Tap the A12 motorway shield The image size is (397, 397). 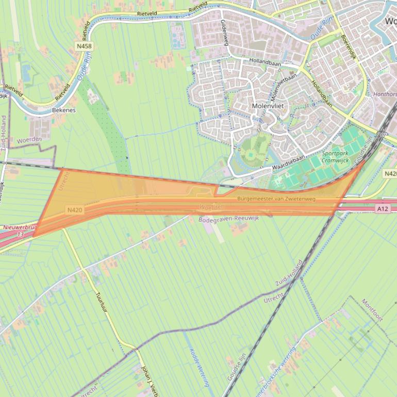382,209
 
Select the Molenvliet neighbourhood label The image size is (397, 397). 268,106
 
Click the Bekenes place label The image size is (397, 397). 64,110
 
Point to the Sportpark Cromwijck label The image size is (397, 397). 335,157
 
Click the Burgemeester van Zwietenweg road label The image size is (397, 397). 276,198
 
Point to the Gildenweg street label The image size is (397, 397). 224,32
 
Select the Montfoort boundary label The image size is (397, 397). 372,309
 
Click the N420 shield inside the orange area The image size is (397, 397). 74,210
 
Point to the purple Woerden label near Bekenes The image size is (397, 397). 29,139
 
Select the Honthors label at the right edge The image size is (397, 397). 385,94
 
